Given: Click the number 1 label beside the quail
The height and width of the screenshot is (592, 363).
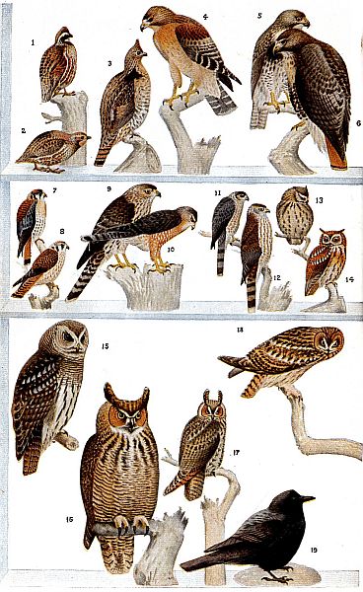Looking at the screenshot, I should coord(33,42).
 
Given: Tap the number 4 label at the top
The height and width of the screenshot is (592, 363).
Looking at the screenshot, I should coord(205,17).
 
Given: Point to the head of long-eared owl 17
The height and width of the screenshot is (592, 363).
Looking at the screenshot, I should coord(211,410).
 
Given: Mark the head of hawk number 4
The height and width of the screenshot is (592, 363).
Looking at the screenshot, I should coord(158,20).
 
